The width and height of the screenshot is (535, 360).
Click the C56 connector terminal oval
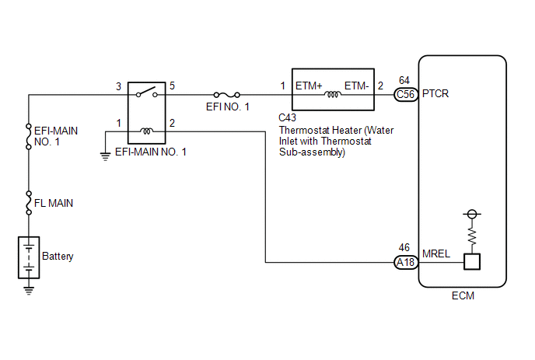(x=406, y=94)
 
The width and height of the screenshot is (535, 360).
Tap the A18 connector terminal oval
(x=406, y=262)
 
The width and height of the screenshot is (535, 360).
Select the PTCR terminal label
(x=435, y=93)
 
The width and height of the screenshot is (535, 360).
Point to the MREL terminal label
(x=436, y=253)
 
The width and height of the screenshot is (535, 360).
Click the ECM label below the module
(x=463, y=295)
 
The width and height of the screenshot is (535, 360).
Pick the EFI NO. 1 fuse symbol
(x=227, y=95)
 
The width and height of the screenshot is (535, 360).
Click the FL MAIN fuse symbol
(x=29, y=203)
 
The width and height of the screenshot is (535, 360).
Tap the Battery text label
(x=58, y=257)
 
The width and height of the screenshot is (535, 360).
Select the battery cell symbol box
(x=29, y=257)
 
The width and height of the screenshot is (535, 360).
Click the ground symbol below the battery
(x=29, y=290)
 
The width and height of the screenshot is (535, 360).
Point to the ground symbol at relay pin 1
(x=106, y=156)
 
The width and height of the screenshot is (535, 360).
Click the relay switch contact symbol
(x=147, y=92)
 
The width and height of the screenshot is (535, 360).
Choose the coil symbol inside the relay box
(x=147, y=131)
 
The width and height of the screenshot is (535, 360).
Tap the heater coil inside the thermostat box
(x=333, y=94)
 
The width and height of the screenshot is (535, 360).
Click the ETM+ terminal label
(x=309, y=86)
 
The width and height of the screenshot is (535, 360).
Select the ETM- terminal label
(x=357, y=86)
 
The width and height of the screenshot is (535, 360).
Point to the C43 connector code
(x=287, y=117)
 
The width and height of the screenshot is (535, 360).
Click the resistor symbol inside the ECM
(x=472, y=236)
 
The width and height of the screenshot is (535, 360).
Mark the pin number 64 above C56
(x=404, y=80)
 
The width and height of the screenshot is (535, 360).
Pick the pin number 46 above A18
(x=404, y=247)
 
